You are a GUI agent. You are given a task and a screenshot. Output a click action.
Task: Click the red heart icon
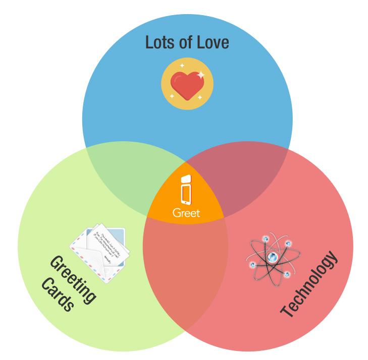click(186, 85)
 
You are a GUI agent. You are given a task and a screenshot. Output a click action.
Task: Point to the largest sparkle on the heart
click(200, 75)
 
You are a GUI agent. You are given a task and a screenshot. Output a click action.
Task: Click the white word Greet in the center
click(186, 213)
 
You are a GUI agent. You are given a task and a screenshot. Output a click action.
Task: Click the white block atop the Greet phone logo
click(186, 179)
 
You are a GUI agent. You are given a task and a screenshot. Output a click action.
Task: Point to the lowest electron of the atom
click(286, 274)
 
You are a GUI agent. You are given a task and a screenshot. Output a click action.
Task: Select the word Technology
click(308, 285)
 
